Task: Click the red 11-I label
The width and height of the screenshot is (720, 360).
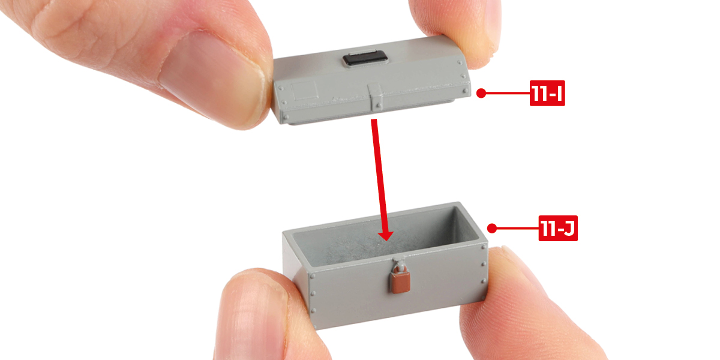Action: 547,93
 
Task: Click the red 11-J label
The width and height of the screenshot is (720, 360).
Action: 558,228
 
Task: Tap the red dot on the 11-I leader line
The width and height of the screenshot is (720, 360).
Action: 481,93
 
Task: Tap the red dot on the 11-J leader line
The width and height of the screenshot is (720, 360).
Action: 492,228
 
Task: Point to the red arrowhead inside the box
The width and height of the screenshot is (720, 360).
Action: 386,236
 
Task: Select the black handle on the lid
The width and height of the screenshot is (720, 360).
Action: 365,59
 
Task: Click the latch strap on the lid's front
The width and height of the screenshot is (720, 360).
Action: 376,97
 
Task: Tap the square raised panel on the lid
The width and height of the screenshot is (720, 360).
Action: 304,91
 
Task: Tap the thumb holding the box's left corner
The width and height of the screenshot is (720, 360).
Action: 257,315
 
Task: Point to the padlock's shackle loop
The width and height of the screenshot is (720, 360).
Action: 399,267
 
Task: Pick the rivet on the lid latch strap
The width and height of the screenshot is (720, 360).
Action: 379,105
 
